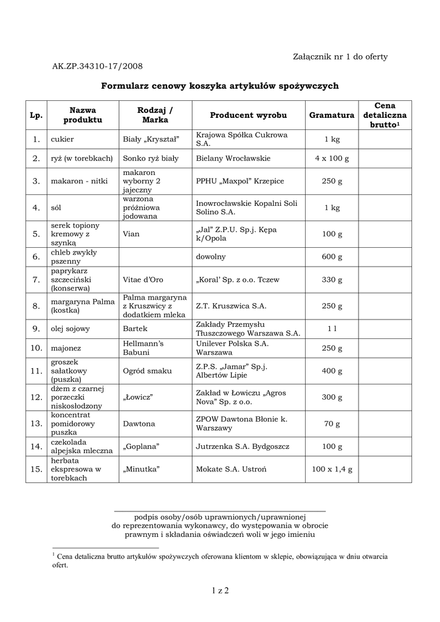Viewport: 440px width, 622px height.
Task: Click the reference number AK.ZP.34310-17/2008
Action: click(97, 66)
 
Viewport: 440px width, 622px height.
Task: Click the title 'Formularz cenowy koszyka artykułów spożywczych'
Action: click(219, 86)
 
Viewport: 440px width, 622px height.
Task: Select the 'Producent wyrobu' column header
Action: click(248, 115)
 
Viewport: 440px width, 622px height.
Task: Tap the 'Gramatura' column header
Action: click(331, 115)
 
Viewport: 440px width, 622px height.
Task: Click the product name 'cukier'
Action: click(63, 139)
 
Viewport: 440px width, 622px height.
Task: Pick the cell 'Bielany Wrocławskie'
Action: click(233, 159)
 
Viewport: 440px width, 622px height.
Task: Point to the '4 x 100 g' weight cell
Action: click(332, 159)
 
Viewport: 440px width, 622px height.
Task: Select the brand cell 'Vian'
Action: click(131, 233)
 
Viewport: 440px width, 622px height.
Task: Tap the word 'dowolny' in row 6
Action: click(211, 256)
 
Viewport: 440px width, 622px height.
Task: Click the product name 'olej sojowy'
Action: click(70, 329)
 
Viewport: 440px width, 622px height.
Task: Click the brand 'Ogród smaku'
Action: click(147, 371)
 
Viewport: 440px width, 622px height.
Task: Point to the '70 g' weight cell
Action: click(332, 423)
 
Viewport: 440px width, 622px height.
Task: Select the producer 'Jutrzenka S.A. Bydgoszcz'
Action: click(242, 446)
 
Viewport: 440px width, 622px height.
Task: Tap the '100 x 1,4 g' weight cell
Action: click(332, 470)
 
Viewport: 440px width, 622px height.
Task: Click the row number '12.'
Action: click(36, 397)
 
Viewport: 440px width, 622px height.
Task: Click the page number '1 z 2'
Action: click(219, 590)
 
